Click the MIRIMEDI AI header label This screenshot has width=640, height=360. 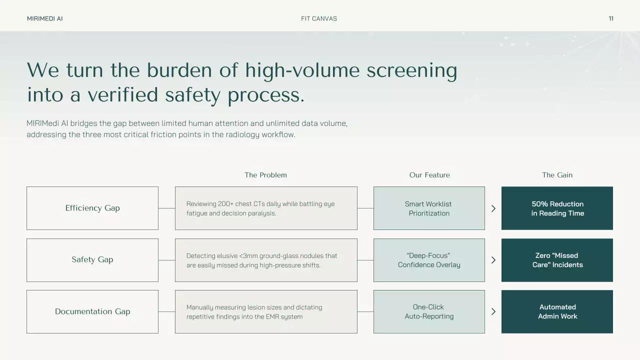45,18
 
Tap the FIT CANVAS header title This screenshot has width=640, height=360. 319,18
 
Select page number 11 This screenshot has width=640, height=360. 611,18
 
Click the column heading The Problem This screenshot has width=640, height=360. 265,175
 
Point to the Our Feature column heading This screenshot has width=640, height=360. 429,175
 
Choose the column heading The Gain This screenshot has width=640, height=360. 557,175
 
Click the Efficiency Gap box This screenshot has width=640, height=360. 92,208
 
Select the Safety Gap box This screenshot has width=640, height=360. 92,260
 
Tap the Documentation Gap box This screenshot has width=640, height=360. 92,311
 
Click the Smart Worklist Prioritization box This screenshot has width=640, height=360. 429,208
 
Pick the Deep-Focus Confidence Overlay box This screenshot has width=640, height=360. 429,260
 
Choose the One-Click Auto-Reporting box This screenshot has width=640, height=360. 429,311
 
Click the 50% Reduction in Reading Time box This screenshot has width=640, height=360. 557,208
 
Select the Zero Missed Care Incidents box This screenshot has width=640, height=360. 557,260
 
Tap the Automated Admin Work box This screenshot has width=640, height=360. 557,311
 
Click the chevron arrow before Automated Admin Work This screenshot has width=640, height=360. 493,311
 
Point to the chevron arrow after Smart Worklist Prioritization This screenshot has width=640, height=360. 493,208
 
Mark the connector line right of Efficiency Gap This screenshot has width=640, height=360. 166,208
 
